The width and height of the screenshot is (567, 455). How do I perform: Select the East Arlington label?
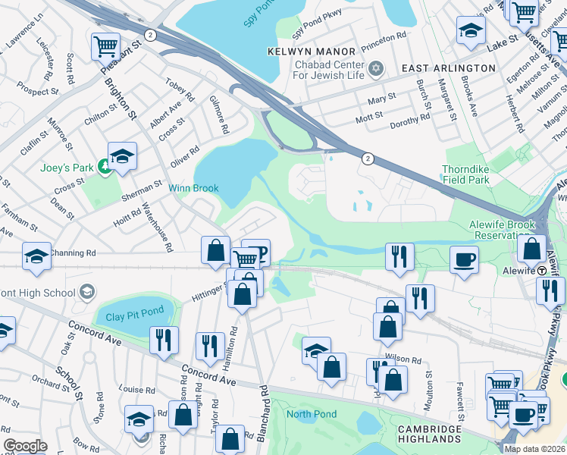coord(448,68)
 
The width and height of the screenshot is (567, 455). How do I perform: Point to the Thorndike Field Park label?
coord(466,174)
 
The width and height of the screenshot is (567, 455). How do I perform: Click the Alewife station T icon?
coord(543,271)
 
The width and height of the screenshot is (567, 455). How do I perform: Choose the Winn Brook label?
coord(193,188)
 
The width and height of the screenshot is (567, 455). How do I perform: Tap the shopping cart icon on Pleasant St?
coord(105,45)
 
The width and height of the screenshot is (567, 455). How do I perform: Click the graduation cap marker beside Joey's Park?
coord(122,155)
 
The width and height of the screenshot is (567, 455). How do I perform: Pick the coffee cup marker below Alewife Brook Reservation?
coord(464,259)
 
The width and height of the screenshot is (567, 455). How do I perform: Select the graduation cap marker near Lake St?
coord(471,30)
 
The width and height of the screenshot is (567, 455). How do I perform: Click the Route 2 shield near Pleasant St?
coord(152,35)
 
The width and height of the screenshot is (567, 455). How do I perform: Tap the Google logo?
coord(25,446)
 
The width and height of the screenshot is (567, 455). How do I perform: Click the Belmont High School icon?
coord(87,293)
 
